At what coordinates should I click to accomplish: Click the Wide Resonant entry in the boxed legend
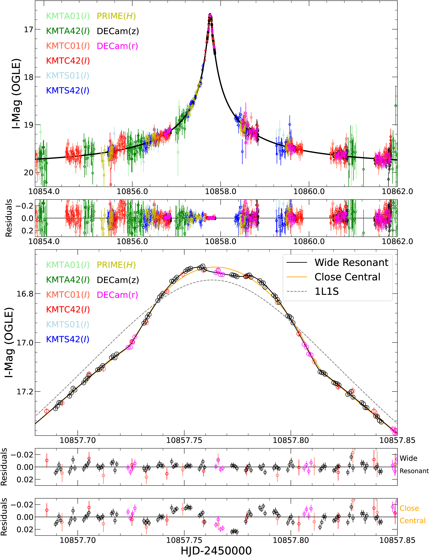351,262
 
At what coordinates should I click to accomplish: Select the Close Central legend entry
347,277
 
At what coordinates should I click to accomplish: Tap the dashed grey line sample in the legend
297,291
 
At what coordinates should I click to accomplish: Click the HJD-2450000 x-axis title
216,551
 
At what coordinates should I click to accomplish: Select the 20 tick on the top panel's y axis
29,173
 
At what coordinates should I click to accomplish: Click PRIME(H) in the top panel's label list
116,16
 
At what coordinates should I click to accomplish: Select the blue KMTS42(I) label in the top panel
68,91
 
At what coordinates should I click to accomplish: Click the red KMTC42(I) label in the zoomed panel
68,310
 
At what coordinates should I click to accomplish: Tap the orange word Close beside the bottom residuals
409,508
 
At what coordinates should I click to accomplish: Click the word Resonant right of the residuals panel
414,471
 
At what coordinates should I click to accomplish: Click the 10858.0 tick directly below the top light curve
221,191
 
